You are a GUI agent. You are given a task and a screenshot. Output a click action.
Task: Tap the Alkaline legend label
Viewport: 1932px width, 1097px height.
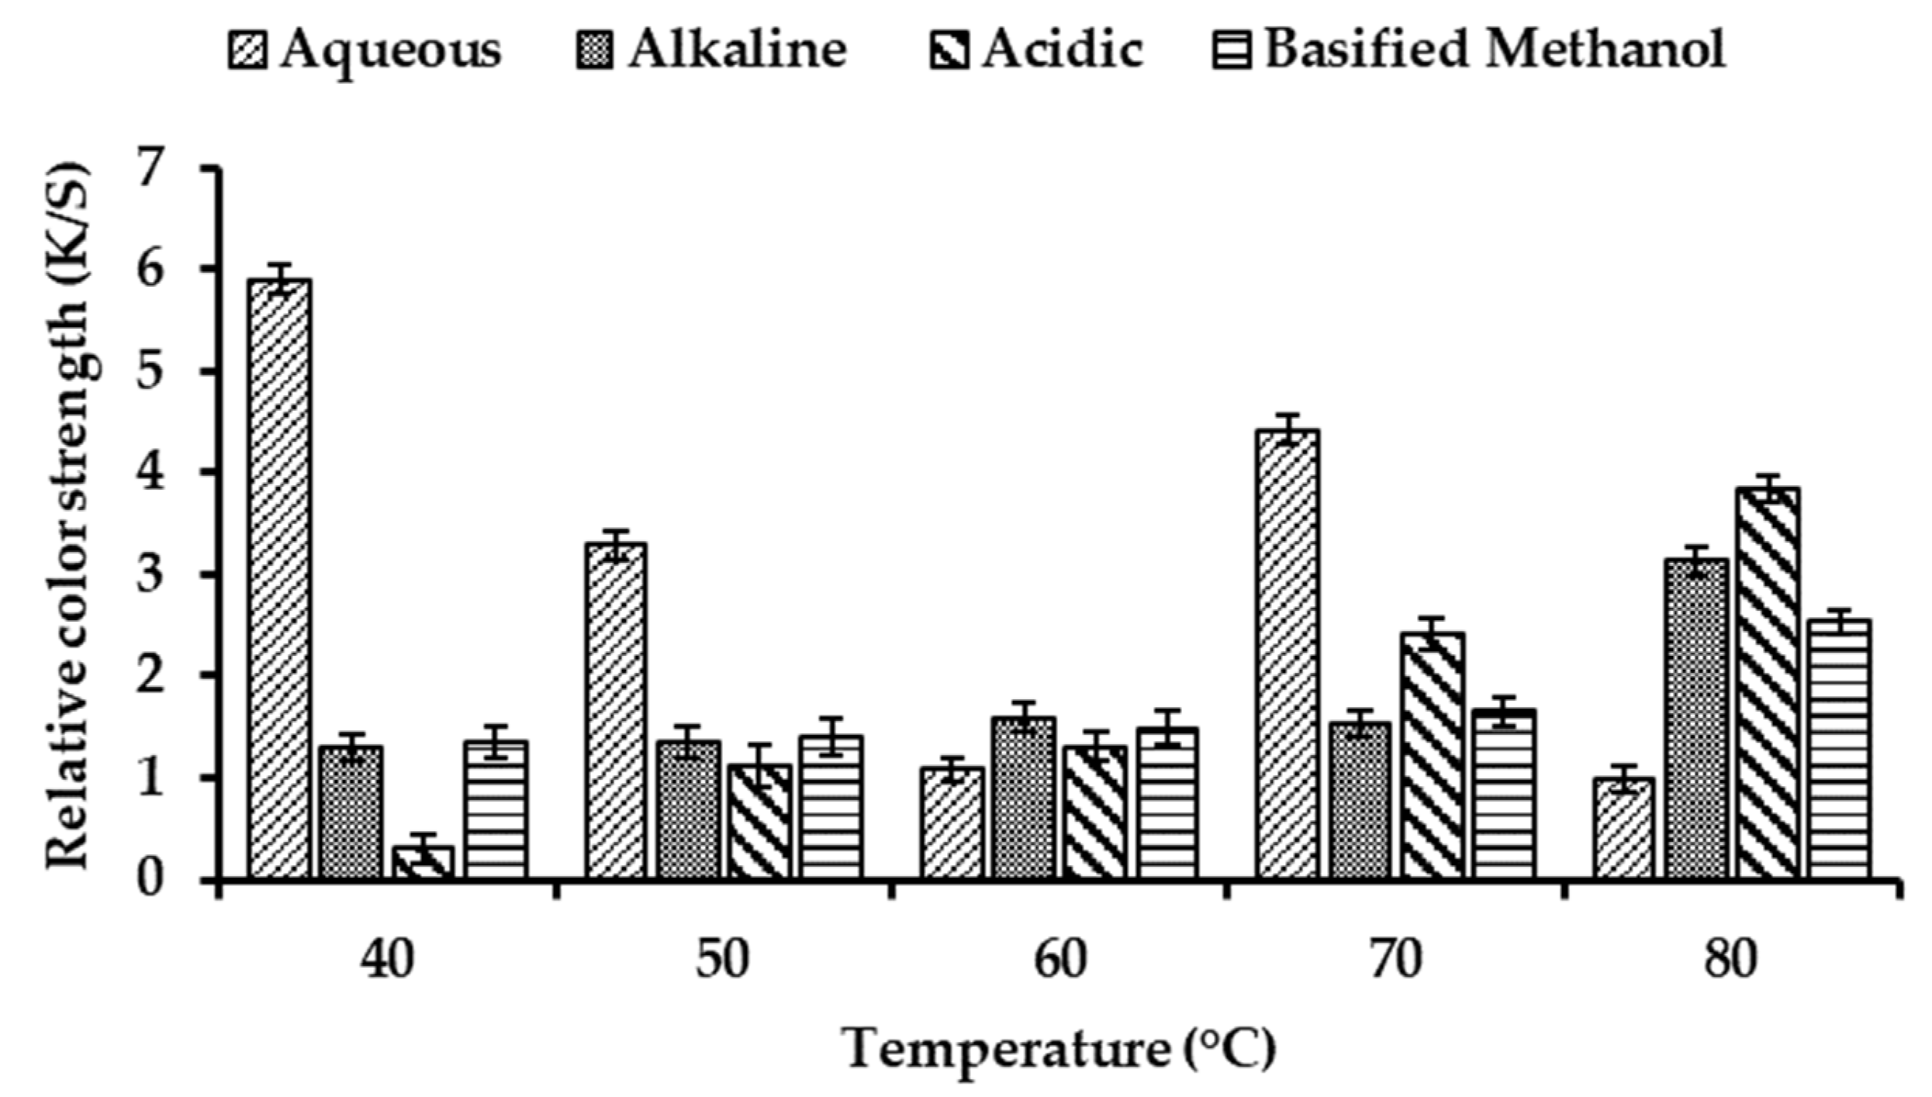click(x=737, y=50)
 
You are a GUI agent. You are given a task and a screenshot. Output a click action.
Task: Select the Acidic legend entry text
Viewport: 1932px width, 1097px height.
click(x=1063, y=50)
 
